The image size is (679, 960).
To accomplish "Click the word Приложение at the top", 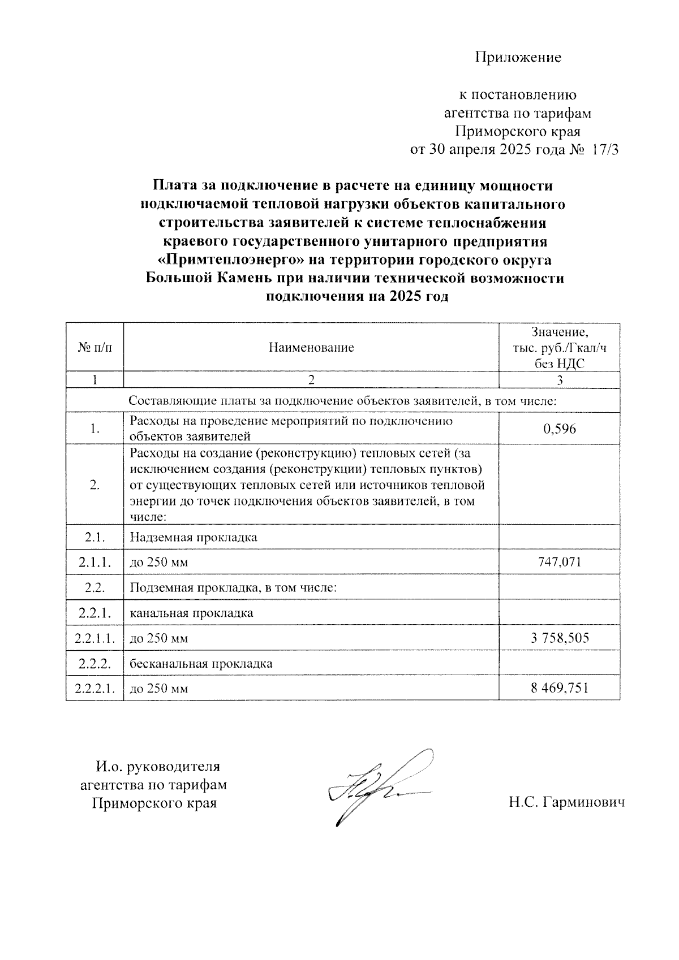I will pyautogui.click(x=518, y=57).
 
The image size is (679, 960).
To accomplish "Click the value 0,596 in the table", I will pyautogui.click(x=559, y=429).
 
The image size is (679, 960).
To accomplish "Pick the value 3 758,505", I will pyautogui.click(x=559, y=638).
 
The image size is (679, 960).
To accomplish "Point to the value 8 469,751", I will pyautogui.click(x=559, y=688).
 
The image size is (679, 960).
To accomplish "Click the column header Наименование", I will pyautogui.click(x=311, y=348).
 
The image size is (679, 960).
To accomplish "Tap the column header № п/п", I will pyautogui.click(x=94, y=348).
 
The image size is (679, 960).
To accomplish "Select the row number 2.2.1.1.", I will pyautogui.click(x=94, y=639).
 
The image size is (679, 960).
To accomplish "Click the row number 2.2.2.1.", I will pyautogui.click(x=94, y=689).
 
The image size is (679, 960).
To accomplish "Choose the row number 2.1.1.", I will pyautogui.click(x=94, y=563).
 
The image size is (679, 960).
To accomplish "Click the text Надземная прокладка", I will pyautogui.click(x=194, y=537).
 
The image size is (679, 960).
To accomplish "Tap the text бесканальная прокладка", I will pyautogui.click(x=201, y=664).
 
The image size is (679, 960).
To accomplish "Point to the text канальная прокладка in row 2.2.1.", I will pyautogui.click(x=191, y=613).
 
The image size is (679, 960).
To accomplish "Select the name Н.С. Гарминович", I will pyautogui.click(x=566, y=802).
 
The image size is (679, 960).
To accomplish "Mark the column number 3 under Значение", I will pyautogui.click(x=559, y=380).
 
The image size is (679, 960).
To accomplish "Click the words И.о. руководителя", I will pyautogui.click(x=157, y=767).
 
